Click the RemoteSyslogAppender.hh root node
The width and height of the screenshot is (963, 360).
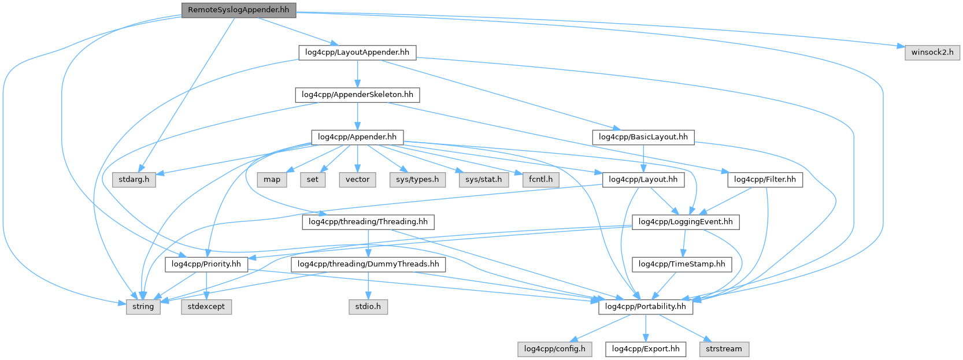[x=238, y=10]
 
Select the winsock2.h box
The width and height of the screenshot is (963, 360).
[x=932, y=52]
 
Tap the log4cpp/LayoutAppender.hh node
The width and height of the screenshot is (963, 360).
[x=357, y=52]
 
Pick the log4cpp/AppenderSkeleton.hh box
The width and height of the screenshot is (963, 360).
[x=357, y=94]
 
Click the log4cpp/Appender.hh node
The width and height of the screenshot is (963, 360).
[x=357, y=137]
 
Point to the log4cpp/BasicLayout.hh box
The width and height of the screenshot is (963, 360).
[x=643, y=137]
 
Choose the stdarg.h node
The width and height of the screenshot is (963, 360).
[x=134, y=179]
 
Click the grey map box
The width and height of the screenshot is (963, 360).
[x=272, y=179]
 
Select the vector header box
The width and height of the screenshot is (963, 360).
[x=357, y=179]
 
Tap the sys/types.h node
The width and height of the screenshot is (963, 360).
[x=417, y=179]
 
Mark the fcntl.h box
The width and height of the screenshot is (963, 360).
[x=540, y=179]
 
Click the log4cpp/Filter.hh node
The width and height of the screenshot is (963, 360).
[x=765, y=179]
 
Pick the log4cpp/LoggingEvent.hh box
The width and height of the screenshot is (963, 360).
[x=686, y=222]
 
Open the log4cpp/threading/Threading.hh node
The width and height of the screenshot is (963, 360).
[x=368, y=222]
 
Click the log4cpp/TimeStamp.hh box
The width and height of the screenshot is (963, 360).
[x=682, y=264]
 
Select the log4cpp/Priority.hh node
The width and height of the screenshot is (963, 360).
[x=206, y=264]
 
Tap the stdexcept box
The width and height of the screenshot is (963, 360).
[x=206, y=306]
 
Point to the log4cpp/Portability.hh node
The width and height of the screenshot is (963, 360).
[x=645, y=306]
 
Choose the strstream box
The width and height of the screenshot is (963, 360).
[x=724, y=349]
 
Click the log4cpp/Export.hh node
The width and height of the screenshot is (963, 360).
[x=646, y=349]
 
